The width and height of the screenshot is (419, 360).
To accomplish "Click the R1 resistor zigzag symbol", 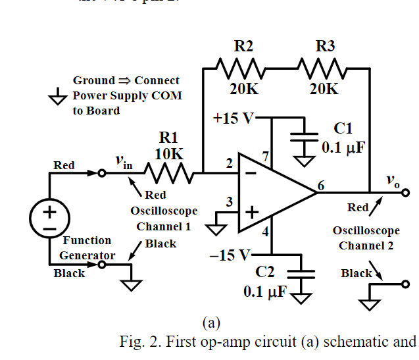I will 168,174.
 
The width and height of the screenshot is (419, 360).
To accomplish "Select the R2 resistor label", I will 243,46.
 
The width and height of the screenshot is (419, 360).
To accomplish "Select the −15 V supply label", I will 230,255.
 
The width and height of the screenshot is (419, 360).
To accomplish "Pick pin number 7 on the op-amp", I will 266,157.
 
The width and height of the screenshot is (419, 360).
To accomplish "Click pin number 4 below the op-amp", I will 266,232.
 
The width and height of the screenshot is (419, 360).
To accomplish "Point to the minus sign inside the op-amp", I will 251,172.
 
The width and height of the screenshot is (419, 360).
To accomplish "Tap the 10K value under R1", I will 169,153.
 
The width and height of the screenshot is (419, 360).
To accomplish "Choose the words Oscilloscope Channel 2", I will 366,238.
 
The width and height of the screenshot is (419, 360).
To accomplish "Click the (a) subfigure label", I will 210,322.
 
